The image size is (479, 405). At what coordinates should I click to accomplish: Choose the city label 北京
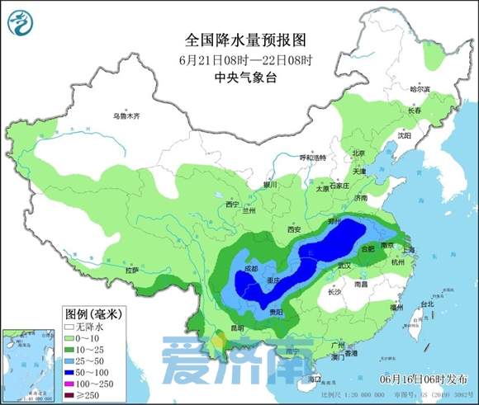pos(358,153)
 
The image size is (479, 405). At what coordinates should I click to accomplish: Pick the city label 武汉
pos(344,265)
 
